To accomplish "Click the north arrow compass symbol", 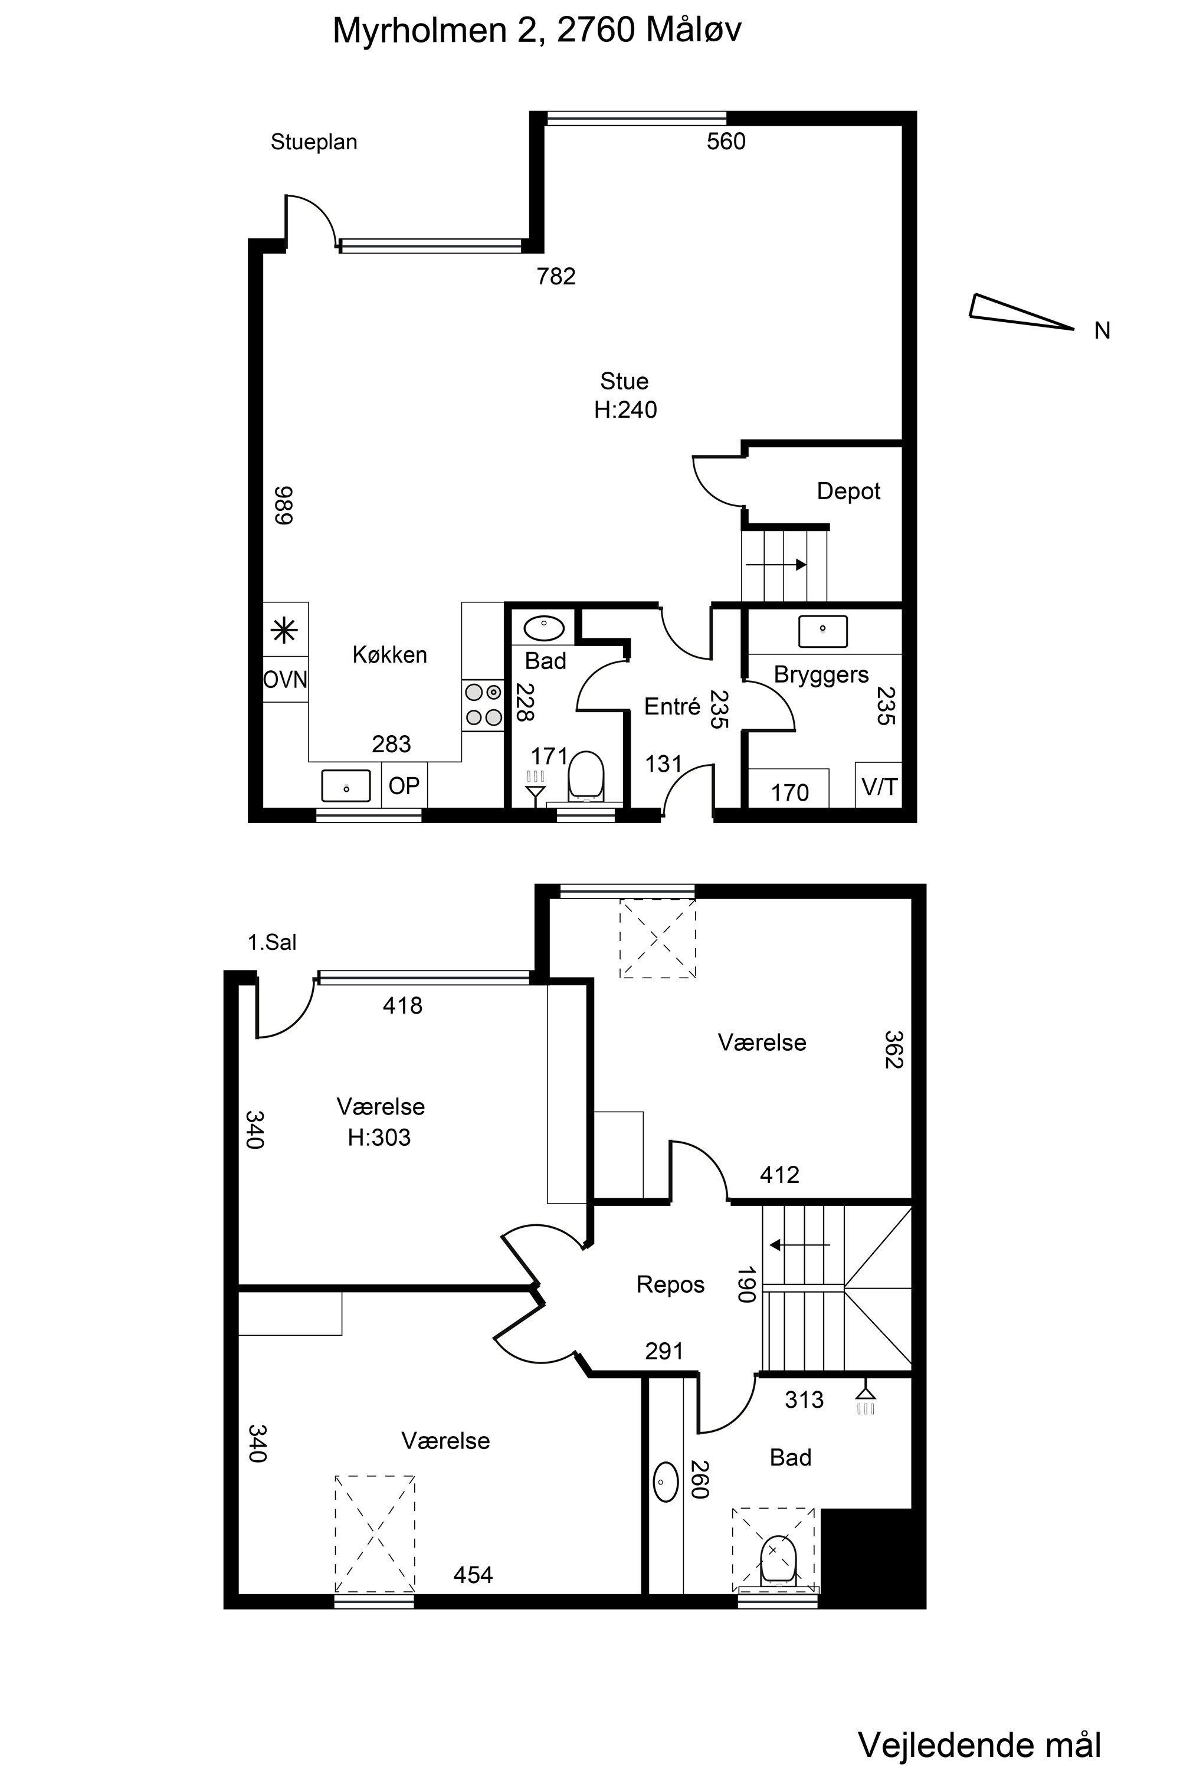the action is [x=1021, y=312].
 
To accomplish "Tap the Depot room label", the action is [x=848, y=491].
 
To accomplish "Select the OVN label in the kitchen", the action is [x=285, y=680].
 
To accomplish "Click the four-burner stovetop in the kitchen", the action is [x=483, y=704].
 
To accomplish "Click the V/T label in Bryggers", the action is [x=879, y=787].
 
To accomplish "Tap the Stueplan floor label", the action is [x=314, y=142].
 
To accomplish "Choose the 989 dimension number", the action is [x=283, y=505].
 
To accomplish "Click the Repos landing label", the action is [x=670, y=1284].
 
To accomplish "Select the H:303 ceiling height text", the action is [x=379, y=1137].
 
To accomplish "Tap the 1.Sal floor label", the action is [x=273, y=942].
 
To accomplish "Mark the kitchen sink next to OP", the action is [x=346, y=786].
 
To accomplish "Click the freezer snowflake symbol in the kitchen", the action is [x=284, y=631].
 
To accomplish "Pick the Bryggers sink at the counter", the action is [x=822, y=631].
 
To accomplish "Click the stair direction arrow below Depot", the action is [x=776, y=565].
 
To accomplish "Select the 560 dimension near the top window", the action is [x=726, y=142].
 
